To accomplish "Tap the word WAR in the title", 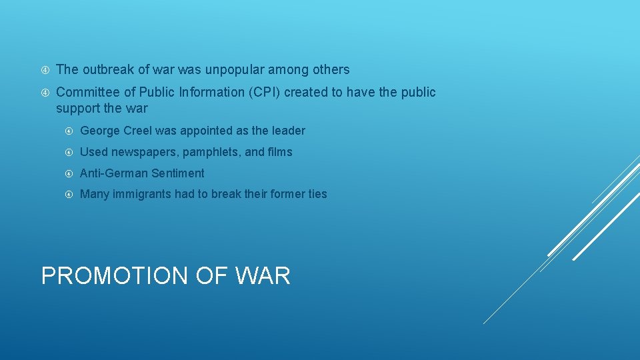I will click(x=265, y=275).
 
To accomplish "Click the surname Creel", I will click(x=137, y=131).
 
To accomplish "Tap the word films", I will click(x=280, y=152).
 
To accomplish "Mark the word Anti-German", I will click(x=113, y=173).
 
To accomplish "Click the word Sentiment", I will click(x=178, y=173).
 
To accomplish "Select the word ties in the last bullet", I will click(x=317, y=194).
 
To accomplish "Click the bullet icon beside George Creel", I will click(x=69, y=131).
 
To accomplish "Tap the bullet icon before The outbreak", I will click(x=45, y=69).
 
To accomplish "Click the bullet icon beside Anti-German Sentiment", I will click(x=69, y=173).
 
